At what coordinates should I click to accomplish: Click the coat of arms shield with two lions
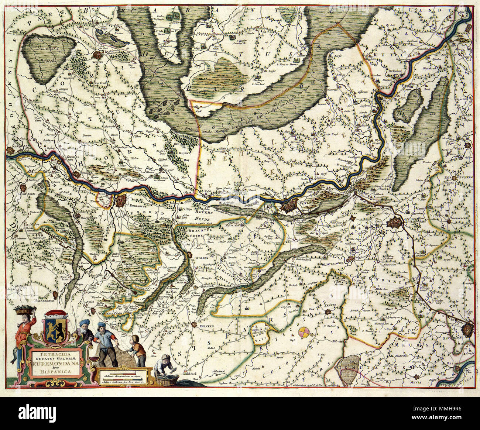click(x=55, y=325)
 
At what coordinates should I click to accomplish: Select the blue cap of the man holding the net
click(x=101, y=325)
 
